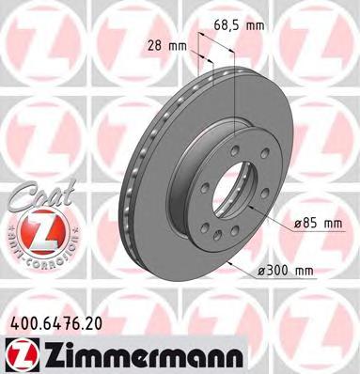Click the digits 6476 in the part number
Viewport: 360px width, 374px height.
65,322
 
